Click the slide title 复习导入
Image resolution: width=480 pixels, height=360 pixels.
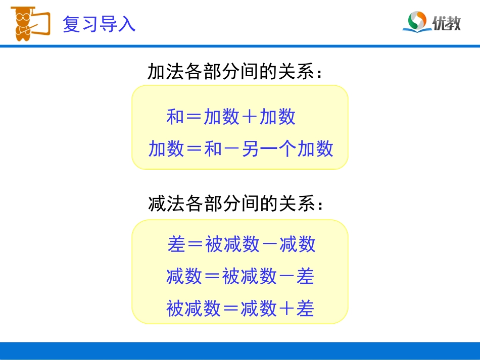click(x=99, y=24)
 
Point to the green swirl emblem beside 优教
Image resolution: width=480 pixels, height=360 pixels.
click(x=417, y=22)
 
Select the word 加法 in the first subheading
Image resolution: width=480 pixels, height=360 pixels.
click(x=165, y=72)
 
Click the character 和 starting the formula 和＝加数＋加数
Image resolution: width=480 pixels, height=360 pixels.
click(x=175, y=117)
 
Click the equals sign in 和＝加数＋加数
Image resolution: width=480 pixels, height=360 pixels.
click(x=194, y=117)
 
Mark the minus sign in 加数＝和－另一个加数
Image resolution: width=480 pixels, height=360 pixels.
click(x=231, y=149)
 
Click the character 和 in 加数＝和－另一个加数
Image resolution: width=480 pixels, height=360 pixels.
click(x=213, y=149)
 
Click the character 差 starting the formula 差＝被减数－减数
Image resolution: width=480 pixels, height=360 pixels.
click(x=176, y=244)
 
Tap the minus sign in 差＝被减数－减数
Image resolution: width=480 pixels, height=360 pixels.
click(x=270, y=244)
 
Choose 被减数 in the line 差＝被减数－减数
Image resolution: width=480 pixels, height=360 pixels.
click(x=232, y=244)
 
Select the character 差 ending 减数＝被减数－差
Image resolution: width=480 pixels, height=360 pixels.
click(x=306, y=276)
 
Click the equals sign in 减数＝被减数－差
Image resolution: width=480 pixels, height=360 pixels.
click(x=212, y=276)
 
